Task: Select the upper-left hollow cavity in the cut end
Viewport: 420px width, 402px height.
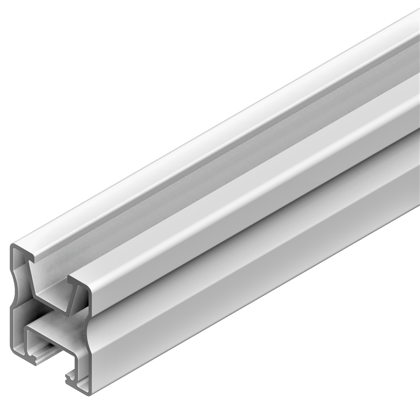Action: tap(21, 267)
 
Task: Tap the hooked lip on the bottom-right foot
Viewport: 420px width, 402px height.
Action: tap(70, 377)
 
